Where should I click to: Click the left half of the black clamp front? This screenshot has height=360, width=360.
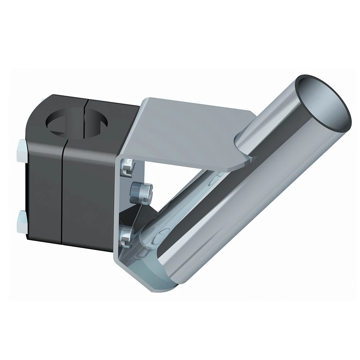tap(45, 194)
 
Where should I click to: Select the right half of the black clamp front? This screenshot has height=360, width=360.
tap(88, 194)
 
